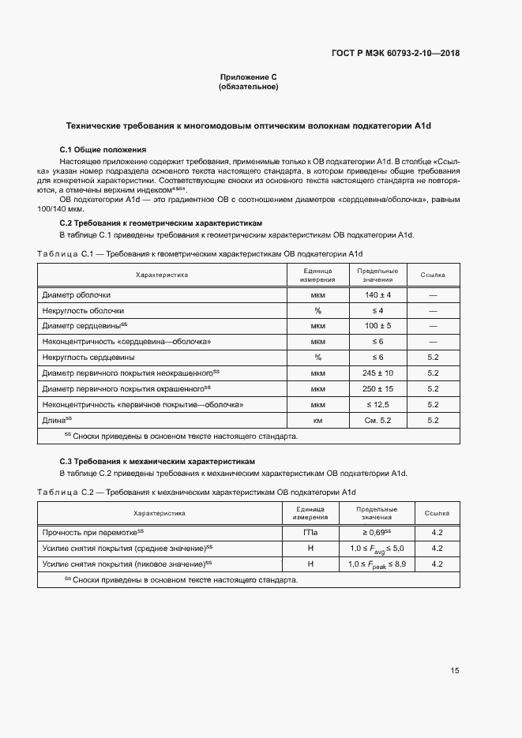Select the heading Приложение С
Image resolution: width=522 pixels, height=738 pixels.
(x=248, y=77)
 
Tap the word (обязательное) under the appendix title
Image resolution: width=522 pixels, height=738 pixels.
(x=248, y=87)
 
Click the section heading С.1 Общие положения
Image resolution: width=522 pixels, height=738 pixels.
(x=103, y=149)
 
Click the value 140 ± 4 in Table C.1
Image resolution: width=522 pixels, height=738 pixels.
(x=373, y=294)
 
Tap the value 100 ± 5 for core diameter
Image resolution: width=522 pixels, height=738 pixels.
(x=373, y=325)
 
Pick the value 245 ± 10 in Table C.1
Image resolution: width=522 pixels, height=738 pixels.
(x=373, y=373)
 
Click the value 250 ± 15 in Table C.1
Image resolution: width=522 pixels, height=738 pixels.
(x=373, y=388)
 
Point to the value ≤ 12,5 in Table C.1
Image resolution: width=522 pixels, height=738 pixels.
(x=373, y=404)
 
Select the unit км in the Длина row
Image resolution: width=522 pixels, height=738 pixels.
(x=317, y=421)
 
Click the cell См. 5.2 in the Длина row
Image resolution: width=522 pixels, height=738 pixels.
(x=373, y=421)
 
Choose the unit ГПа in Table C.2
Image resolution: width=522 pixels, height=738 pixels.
(x=310, y=533)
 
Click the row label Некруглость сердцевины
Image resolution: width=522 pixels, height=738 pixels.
(x=88, y=357)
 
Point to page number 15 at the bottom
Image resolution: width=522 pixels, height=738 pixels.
(x=455, y=671)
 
